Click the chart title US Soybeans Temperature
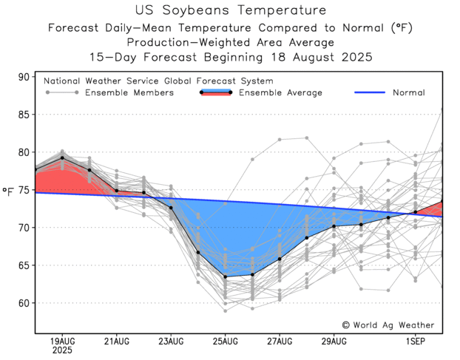pos(231,10)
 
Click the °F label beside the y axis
pos(8,191)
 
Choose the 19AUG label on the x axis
pos(62,340)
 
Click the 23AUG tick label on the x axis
pos(171,340)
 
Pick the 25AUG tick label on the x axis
pos(226,340)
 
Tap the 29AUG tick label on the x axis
pos(334,340)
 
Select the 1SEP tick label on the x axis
pos(416,340)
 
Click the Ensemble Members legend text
pos(129,93)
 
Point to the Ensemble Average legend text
pos(280,93)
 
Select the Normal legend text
pos(409,93)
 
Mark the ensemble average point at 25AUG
pos(226,277)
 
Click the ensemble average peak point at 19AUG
pos(62,157)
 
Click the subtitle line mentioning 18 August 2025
pos(231,56)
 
